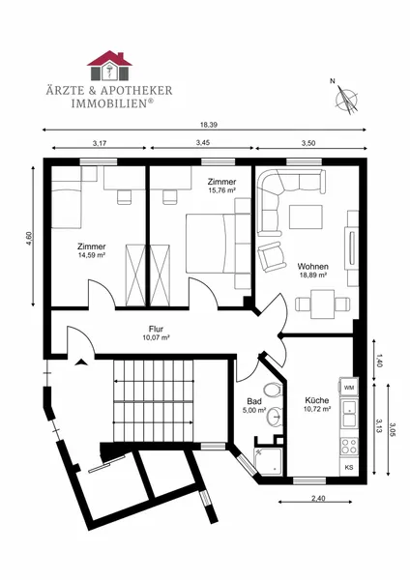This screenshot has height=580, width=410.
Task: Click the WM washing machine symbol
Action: point(349,388)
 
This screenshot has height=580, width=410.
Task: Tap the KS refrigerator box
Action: point(349,468)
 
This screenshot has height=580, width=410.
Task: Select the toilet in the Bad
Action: point(273,390)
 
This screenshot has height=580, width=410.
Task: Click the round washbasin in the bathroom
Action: point(275,416)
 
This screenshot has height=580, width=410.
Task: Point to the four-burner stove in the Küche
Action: point(349,446)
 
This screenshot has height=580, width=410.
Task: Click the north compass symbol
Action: point(346,98)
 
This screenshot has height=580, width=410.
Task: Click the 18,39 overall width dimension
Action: point(208,125)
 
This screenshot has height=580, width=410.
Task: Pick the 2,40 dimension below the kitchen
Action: point(318,498)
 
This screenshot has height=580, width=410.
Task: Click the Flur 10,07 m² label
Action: point(156,333)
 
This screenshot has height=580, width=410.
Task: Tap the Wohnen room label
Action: point(312,267)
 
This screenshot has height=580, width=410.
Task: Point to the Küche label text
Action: point(317,400)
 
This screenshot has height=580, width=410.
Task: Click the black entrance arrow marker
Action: point(80,362)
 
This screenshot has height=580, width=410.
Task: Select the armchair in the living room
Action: point(273,256)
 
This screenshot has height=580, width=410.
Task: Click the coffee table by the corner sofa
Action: point(306,217)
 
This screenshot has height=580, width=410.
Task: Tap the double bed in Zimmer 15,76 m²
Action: point(219,244)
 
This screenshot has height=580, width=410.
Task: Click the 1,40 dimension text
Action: point(378,360)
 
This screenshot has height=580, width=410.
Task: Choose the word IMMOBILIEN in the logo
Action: point(109,103)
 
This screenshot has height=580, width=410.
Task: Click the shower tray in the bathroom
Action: point(268,461)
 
